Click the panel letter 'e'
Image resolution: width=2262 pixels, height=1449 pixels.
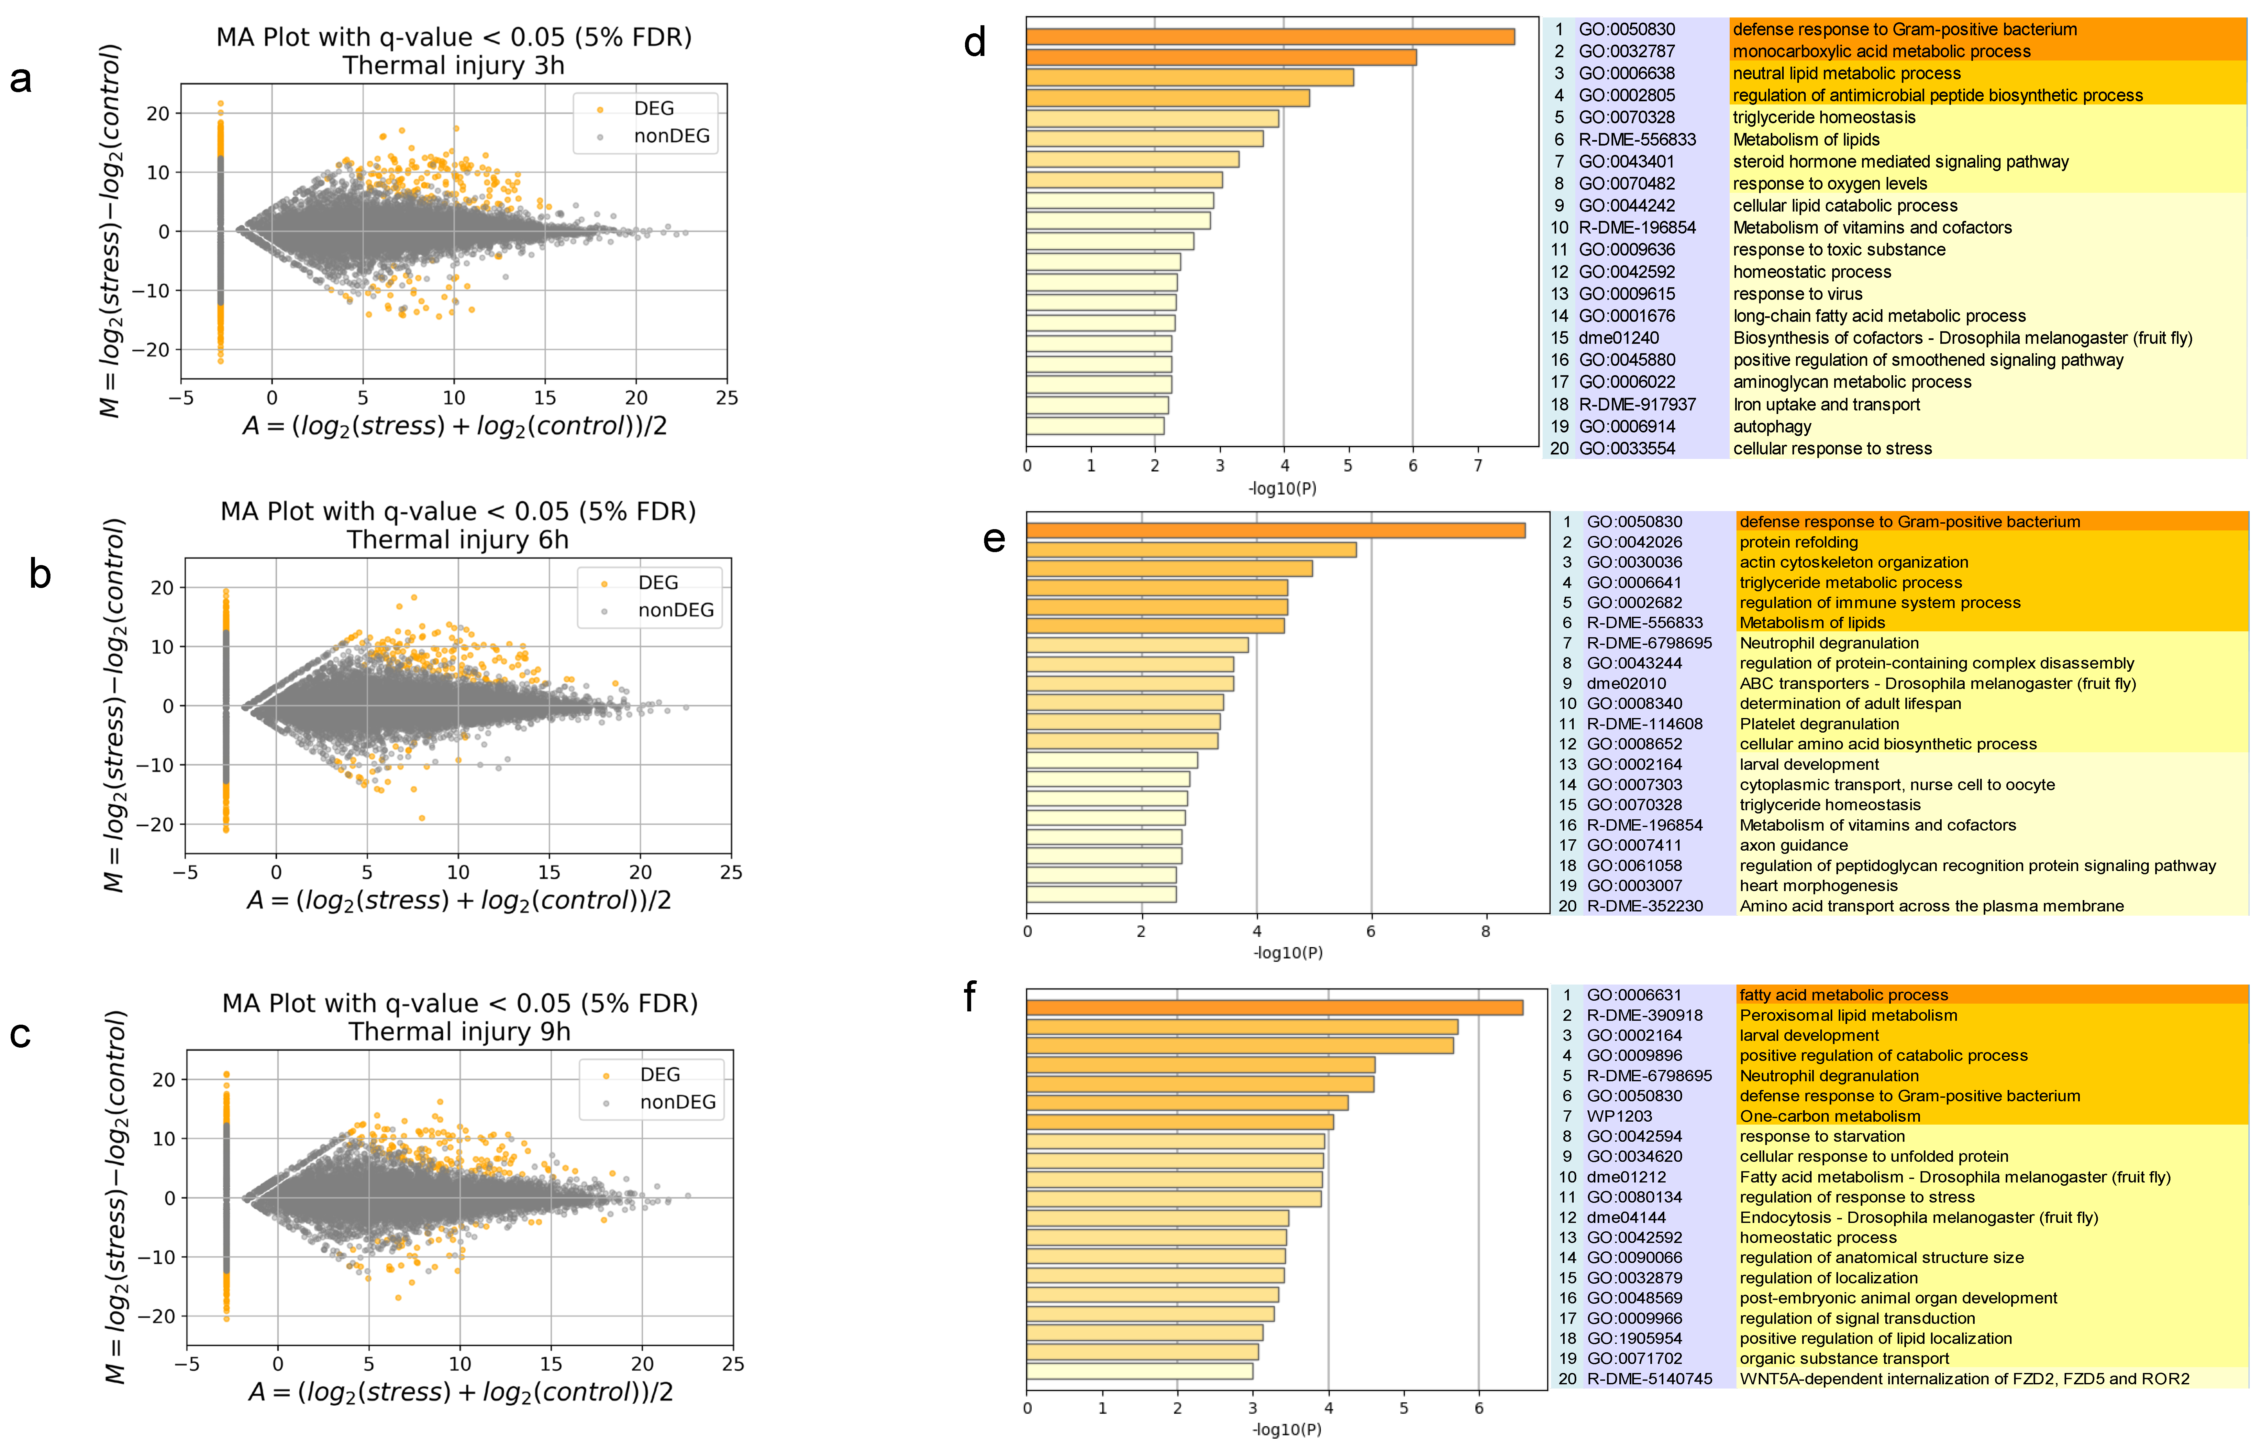pyautogui.click(x=994, y=539)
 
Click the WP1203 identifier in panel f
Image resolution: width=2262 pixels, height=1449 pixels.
pyautogui.click(x=1619, y=1116)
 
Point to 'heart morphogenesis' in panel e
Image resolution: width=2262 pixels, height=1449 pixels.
pyautogui.click(x=1818, y=885)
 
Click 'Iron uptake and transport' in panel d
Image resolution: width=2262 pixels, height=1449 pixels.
pyautogui.click(x=1826, y=405)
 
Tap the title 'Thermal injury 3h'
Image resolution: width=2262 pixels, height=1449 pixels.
pyautogui.click(x=454, y=66)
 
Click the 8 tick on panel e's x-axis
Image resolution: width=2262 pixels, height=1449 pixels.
pyautogui.click(x=1485, y=931)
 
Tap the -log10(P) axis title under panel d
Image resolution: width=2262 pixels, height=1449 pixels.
pyautogui.click(x=1282, y=488)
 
